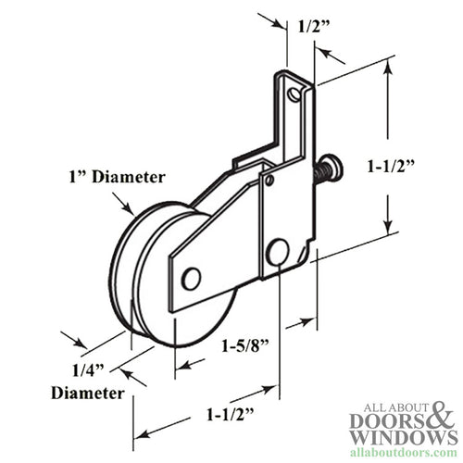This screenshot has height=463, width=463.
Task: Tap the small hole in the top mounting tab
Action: pos(294,94)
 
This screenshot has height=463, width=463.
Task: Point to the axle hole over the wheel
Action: pos(192,277)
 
